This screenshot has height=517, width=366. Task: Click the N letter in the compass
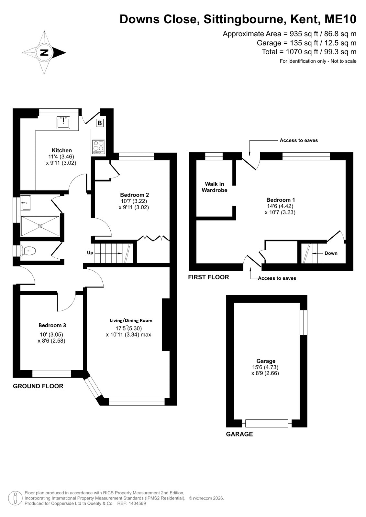point(44,53)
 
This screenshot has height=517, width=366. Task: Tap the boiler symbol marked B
point(100,123)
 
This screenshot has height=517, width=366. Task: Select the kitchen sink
point(63,123)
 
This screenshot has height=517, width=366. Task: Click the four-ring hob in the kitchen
point(99,147)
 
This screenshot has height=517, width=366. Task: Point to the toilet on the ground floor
point(28,251)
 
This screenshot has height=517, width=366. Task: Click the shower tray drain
point(41,226)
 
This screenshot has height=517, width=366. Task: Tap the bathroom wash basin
point(26,203)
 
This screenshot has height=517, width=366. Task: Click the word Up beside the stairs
point(90,253)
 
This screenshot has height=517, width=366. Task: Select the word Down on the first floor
point(331,253)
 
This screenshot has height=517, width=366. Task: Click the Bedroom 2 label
point(134,195)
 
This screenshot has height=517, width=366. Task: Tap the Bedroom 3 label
point(52,325)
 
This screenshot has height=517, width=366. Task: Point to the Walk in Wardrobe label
point(215,187)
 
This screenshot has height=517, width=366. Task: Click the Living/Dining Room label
point(131,320)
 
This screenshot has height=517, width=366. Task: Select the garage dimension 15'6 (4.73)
point(265,367)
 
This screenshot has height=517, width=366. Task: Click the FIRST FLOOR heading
point(208,277)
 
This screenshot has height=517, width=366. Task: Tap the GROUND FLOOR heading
point(38,386)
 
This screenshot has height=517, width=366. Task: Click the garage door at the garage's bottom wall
point(267,423)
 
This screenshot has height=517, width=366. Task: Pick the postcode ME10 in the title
point(340,19)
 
